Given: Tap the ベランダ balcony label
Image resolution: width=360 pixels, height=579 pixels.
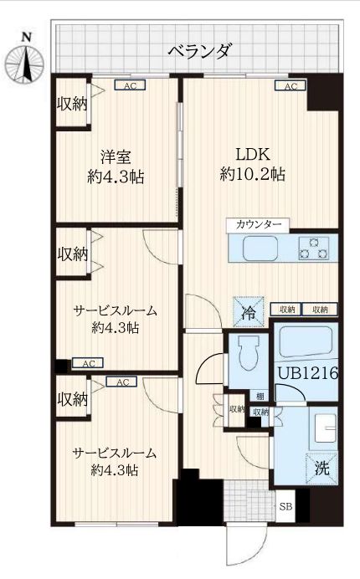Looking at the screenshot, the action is [x=201, y=51].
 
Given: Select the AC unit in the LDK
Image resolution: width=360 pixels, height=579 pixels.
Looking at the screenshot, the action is [x=291, y=86].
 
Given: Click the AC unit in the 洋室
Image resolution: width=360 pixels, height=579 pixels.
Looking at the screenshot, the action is [x=130, y=85].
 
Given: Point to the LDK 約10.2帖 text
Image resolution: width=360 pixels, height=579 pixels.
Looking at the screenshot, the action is [x=253, y=164].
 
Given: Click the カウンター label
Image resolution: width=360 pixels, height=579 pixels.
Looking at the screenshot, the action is [x=258, y=224].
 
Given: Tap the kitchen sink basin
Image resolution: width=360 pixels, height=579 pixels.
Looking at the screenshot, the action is [x=260, y=249].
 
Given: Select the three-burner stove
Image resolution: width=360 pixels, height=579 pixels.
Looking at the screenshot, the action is [x=314, y=248].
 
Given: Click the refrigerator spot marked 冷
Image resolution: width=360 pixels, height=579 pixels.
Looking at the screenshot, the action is [x=249, y=311].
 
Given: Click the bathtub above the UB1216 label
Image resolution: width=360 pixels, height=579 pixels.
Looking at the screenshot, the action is [x=306, y=342].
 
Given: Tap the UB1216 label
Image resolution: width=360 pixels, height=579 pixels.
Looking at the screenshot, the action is [x=308, y=373].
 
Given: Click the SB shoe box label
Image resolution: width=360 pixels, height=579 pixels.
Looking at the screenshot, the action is [x=285, y=507].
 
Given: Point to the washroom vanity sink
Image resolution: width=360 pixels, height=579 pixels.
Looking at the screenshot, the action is [x=326, y=428].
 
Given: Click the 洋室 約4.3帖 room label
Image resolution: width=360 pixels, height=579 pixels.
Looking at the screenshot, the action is [x=116, y=167].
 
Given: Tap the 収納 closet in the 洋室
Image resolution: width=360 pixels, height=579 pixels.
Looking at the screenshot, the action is [x=72, y=105].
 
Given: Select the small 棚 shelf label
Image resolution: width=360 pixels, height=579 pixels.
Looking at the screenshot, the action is [x=260, y=397].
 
